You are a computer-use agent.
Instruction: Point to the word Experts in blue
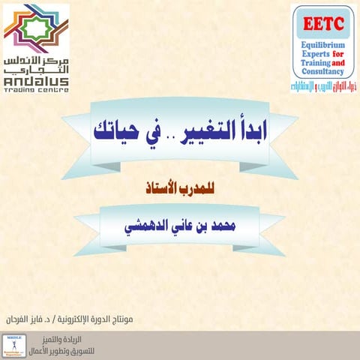pos(316,55)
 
